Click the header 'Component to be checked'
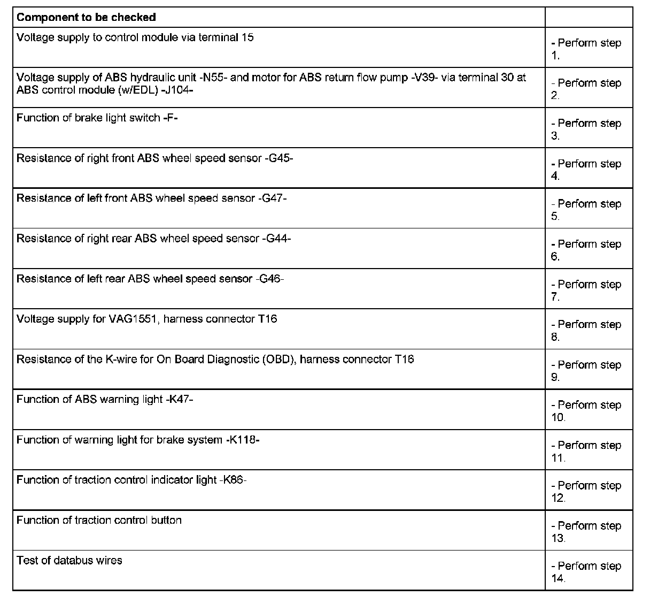pos(86,17)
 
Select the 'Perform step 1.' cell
pos(588,49)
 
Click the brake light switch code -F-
pos(170,118)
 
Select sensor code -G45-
pos(278,158)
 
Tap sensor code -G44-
pos(276,238)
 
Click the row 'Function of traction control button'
pos(99,520)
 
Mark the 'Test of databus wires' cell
pos(69,560)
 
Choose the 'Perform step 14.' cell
pos(588,571)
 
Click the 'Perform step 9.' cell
pos(588,370)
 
